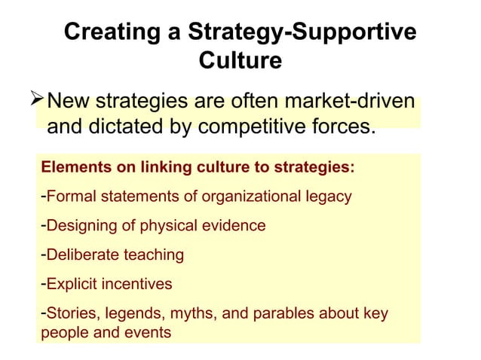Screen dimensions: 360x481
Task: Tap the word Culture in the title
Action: click(240, 59)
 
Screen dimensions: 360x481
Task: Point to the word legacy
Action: click(327, 197)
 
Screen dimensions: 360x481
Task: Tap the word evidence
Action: click(235, 225)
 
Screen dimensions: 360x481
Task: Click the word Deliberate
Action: click(81, 255)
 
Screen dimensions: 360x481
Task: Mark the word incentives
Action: click(137, 284)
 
